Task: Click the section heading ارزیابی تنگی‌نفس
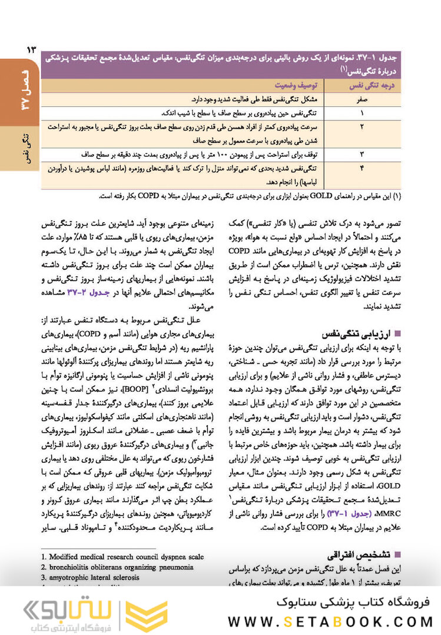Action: click(354, 332)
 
